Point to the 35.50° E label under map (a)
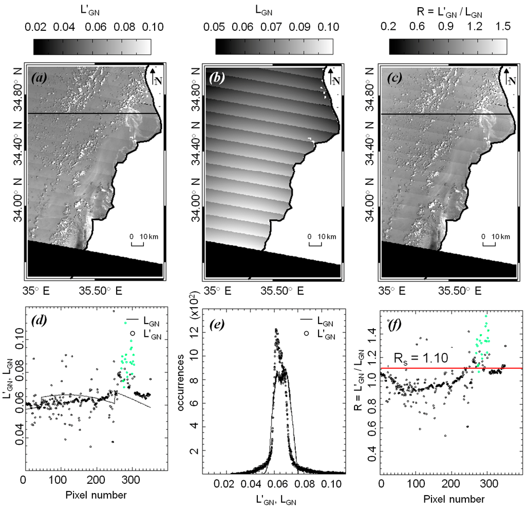[100, 291]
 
